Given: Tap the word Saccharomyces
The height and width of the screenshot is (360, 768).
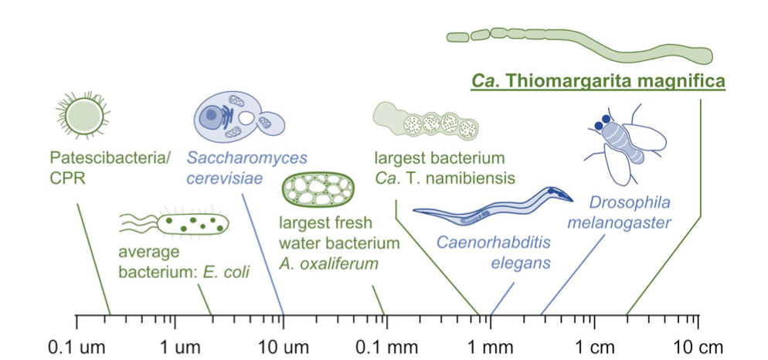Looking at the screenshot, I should tap(251, 158).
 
